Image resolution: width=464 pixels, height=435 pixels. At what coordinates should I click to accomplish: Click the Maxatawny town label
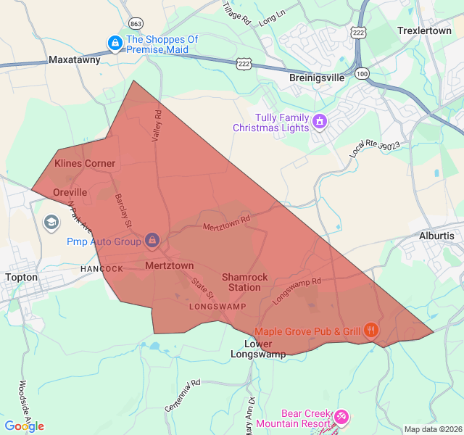coord(74,60)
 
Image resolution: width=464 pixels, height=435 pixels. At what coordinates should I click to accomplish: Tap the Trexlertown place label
coord(424,31)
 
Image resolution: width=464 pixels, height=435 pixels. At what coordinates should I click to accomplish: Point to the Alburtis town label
coord(436,236)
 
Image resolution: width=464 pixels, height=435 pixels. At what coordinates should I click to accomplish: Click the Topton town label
coord(21,277)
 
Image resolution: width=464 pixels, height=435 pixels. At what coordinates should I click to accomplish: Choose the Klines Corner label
coord(85,163)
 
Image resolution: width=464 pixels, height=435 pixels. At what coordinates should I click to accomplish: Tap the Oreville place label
coord(70,192)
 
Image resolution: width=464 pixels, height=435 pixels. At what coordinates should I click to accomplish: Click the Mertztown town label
coord(170,265)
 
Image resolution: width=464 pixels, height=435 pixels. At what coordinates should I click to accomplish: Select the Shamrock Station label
coord(244,282)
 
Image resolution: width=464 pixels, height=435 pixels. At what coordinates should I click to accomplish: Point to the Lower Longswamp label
coord(258,349)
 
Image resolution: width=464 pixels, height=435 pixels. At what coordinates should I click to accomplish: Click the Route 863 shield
coord(136,23)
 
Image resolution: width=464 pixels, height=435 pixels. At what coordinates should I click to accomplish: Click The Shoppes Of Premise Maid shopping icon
coord(115,44)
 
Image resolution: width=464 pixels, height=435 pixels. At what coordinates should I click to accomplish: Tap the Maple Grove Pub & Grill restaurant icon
coord(371,331)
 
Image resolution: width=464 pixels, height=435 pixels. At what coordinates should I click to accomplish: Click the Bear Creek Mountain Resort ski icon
coord(341,418)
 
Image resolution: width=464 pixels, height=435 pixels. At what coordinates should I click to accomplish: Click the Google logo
coord(24,426)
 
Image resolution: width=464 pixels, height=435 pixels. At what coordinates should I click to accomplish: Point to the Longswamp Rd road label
coord(296,291)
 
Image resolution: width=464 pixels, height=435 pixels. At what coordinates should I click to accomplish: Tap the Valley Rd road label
coord(157,125)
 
